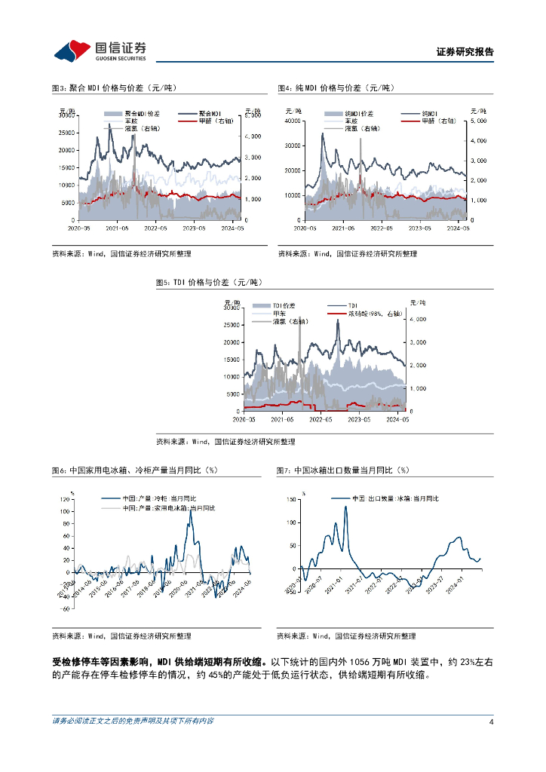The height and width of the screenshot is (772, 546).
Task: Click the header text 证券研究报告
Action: tap(465, 52)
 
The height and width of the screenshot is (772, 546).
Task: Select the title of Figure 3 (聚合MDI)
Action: tap(113, 88)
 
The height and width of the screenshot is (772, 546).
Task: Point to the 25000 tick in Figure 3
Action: tap(66, 133)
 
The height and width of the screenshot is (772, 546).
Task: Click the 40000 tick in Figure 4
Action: tap(291, 121)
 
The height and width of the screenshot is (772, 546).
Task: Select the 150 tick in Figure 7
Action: tap(291, 499)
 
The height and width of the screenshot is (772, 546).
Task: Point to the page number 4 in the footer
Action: tap(491, 721)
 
